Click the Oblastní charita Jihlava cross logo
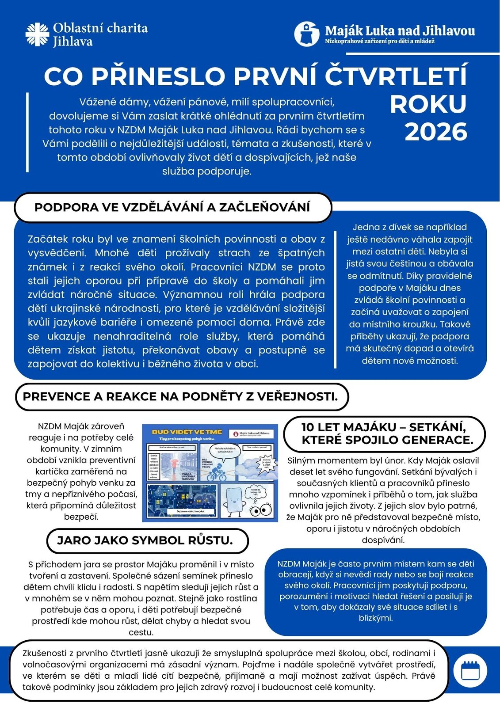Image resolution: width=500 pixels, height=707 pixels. point(37,34)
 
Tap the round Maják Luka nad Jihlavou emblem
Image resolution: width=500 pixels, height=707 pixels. point(307,34)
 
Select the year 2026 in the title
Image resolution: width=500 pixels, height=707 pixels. point(435,132)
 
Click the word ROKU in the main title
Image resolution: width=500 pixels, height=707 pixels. point(428,104)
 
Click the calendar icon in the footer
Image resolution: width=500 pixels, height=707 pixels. point(470,670)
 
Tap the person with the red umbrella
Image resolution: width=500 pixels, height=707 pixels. point(174,462)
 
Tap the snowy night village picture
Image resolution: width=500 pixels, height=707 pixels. point(182,501)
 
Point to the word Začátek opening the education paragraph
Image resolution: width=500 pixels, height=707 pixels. point(47,239)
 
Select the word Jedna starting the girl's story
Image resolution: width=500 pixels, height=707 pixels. point(364,227)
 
